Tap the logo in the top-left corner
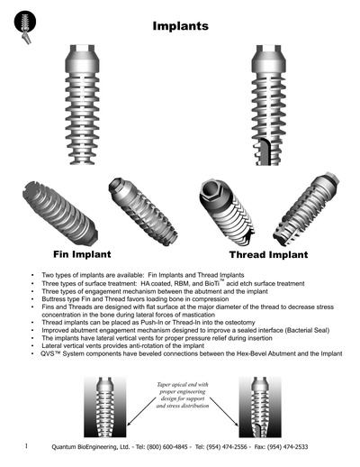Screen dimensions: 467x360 21,26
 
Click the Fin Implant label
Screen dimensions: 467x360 85,254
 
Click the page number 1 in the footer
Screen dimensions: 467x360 28,445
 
